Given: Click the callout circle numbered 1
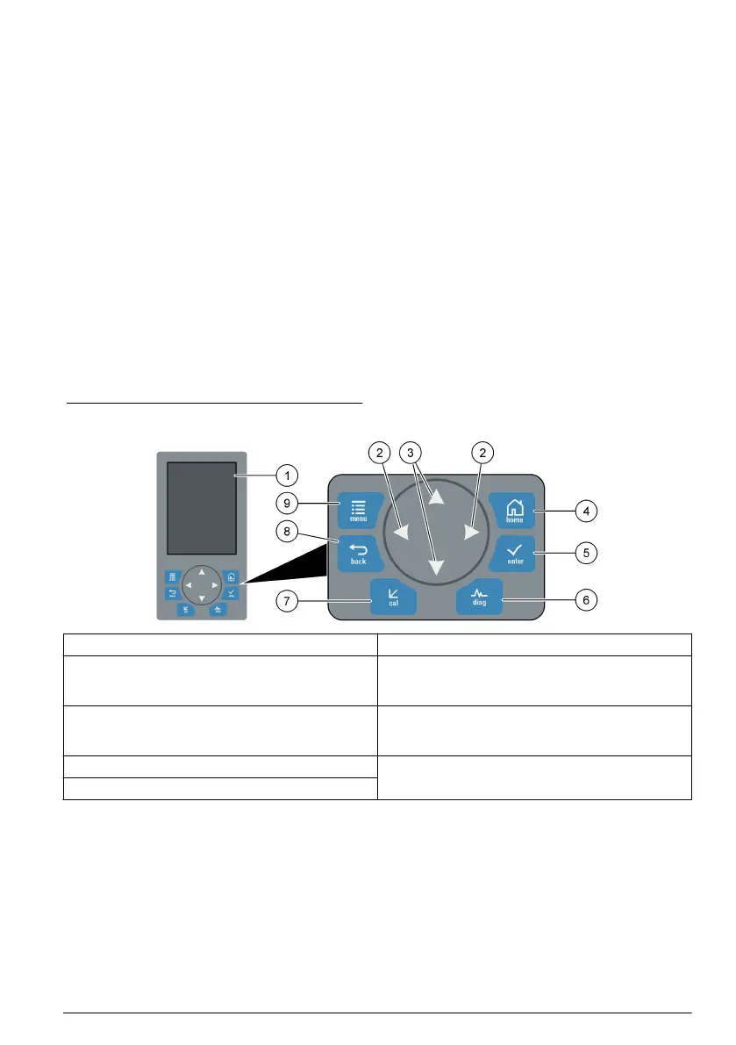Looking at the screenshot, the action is pos(284,476).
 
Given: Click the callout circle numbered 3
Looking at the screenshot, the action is pos(409,453).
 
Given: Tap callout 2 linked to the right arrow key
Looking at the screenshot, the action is pos(482,453).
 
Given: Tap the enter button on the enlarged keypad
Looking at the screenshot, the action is pos(515,554).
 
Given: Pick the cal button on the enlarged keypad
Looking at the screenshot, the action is pos(392,596).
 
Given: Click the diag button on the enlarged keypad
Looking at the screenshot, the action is pos(480,596).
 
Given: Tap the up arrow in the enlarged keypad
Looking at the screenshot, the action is pos(436,497).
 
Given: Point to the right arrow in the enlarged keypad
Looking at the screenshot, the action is pos(471,532).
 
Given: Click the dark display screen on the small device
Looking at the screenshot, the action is pos(201,506).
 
